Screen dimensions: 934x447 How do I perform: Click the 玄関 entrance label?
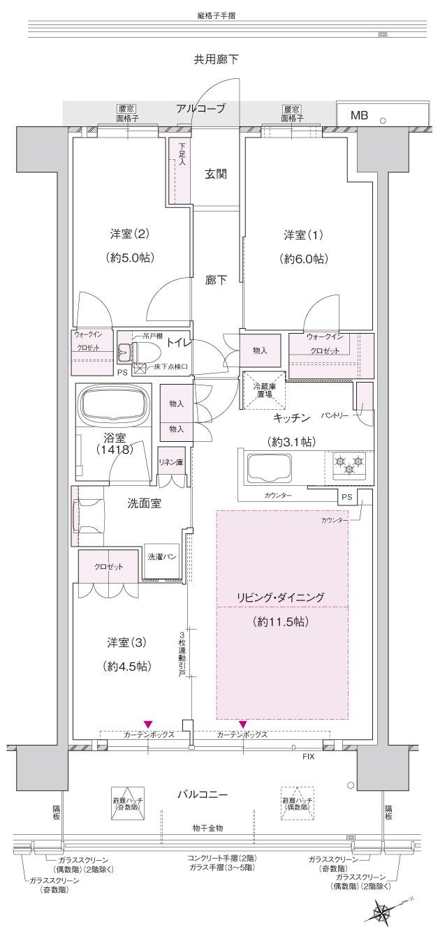(x=216, y=175)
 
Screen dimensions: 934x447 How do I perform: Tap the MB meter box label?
(x=359, y=116)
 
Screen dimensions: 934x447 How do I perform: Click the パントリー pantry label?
(x=335, y=415)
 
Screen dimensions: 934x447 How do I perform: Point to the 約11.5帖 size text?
(x=281, y=622)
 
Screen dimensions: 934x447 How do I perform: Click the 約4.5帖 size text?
(x=126, y=665)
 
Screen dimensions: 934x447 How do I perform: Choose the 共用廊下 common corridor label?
(x=216, y=60)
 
